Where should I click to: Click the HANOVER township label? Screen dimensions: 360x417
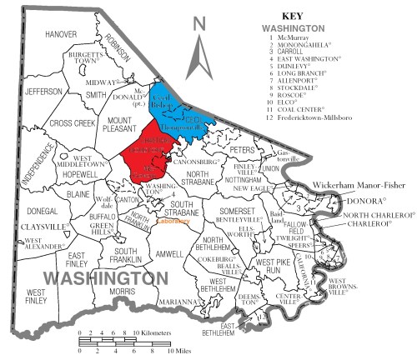pyautogui.click(x=61, y=34)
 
